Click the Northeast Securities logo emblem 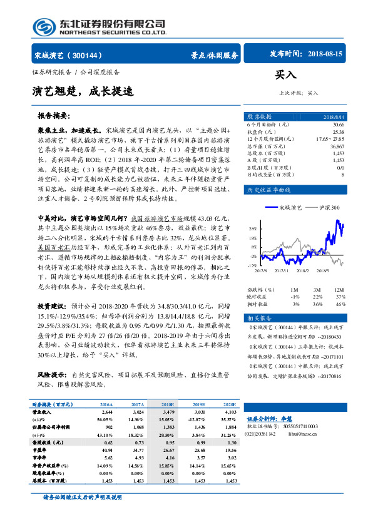[x=43, y=26]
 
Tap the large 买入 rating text [x=286, y=75]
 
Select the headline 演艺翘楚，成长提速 [x=83, y=91]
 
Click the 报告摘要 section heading [x=53, y=116]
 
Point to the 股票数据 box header [x=258, y=116]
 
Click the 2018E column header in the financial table [x=169, y=405]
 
